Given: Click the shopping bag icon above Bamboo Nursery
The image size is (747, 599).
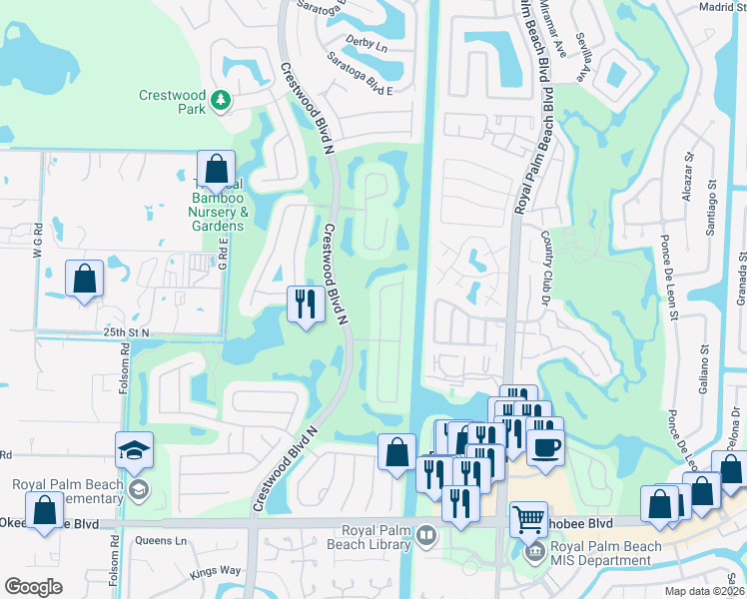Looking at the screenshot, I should coord(215,169).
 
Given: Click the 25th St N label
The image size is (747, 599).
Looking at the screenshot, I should coord(124,331).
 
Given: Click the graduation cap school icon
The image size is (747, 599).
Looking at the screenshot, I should coord(134,451).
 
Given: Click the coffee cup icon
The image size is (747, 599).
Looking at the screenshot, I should coord(545,445).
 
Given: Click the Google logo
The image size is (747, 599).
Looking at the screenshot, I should coord(33,587).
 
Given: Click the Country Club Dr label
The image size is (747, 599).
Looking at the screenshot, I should coord(547,259).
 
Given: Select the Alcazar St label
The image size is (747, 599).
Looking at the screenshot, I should coord(688,180).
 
